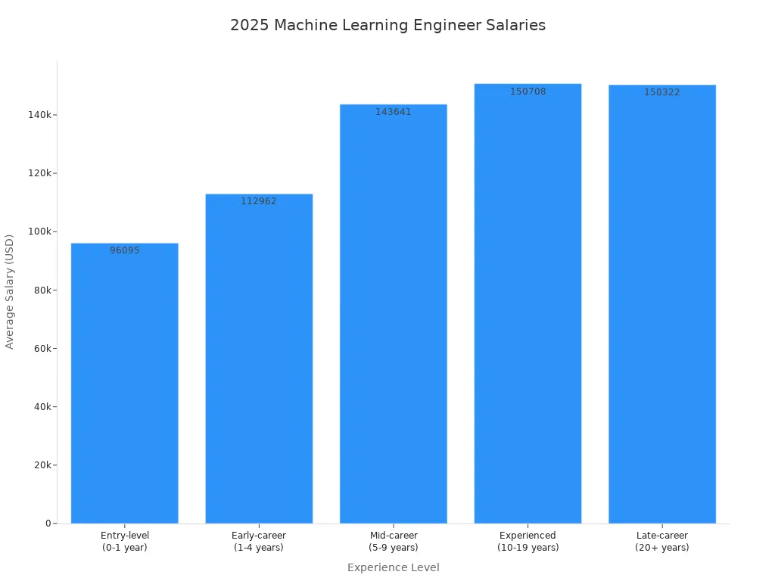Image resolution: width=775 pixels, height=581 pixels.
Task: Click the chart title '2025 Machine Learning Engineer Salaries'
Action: tap(387, 25)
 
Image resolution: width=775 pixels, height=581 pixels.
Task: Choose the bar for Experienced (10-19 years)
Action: tap(528, 303)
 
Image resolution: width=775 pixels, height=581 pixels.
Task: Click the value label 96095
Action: tap(125, 250)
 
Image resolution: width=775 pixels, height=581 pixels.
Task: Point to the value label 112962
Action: tap(259, 201)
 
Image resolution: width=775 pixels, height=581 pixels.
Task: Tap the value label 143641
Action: tap(394, 112)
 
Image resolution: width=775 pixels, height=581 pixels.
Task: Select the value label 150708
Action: tap(528, 92)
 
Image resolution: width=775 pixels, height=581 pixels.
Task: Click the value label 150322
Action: tap(662, 92)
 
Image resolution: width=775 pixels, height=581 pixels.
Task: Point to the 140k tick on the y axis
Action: tap(39, 115)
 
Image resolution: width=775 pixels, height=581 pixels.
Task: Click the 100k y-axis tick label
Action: tap(39, 231)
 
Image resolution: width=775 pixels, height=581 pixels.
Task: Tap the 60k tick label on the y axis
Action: tap(42, 349)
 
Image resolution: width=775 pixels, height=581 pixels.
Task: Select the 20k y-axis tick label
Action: tap(42, 465)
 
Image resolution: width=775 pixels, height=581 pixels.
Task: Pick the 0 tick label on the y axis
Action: tap(48, 524)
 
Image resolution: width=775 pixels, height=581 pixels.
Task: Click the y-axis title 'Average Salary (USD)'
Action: tap(10, 291)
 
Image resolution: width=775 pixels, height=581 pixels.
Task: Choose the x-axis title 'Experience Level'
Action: tap(394, 567)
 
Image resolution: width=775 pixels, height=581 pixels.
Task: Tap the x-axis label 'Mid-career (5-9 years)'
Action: tap(394, 542)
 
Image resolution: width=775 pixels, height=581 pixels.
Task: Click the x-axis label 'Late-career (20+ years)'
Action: tap(662, 542)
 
